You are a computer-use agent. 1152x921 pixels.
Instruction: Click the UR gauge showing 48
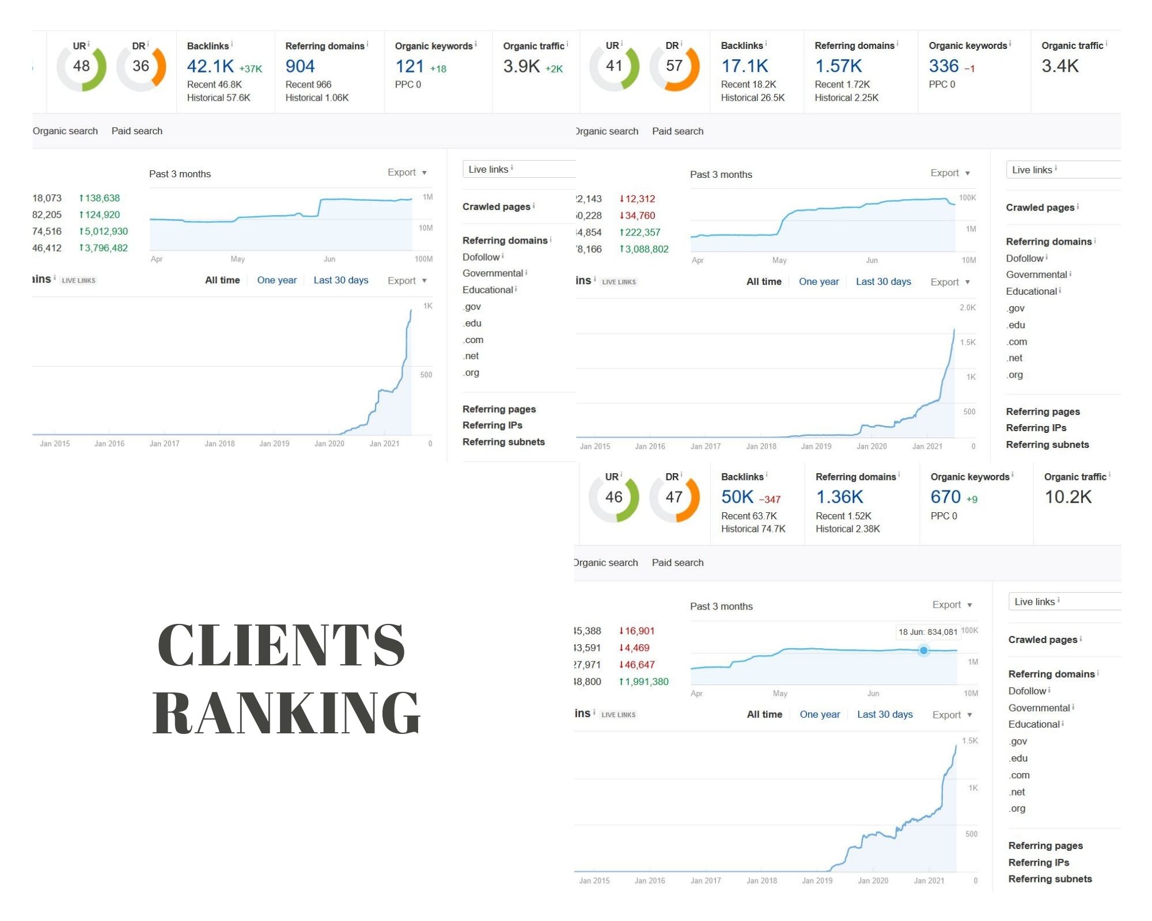(x=81, y=67)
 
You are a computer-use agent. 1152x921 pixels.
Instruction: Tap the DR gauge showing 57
(x=674, y=67)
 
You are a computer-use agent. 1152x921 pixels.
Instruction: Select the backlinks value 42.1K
(x=210, y=67)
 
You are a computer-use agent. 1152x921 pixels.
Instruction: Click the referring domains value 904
(x=300, y=67)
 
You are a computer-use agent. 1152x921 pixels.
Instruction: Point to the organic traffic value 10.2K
(x=1068, y=497)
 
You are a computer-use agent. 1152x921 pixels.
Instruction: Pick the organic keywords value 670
(x=945, y=497)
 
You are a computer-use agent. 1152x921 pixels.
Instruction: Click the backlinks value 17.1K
(x=744, y=67)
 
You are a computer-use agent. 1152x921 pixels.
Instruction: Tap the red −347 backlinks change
(x=770, y=500)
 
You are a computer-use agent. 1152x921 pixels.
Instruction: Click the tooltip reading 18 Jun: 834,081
(x=927, y=632)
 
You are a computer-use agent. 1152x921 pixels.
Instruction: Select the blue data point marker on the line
(x=923, y=650)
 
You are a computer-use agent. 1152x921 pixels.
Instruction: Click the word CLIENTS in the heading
(x=281, y=646)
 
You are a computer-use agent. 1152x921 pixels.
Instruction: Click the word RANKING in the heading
(x=286, y=714)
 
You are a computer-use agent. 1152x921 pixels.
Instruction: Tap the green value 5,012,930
(x=106, y=231)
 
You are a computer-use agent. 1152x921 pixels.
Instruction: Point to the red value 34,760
(x=639, y=216)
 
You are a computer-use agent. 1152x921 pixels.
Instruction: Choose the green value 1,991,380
(x=646, y=682)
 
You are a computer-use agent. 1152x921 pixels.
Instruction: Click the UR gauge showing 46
(x=613, y=497)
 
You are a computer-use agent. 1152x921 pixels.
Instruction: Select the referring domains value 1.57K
(x=838, y=67)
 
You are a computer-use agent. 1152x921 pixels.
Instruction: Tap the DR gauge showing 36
(x=141, y=67)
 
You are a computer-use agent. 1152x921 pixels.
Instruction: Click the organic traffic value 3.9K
(x=521, y=67)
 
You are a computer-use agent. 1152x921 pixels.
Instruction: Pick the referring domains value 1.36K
(x=839, y=497)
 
